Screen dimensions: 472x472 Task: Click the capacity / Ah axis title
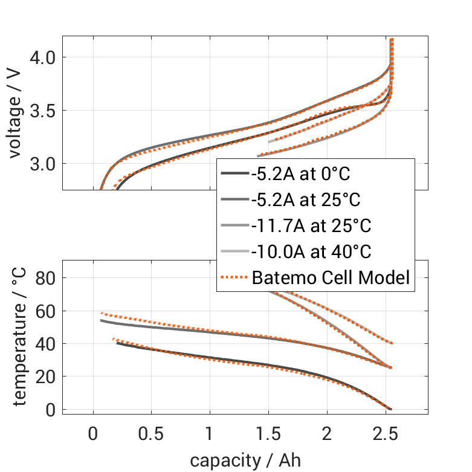(x=245, y=459)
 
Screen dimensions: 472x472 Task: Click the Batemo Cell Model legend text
(x=331, y=278)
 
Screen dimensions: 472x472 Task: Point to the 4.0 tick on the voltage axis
(x=43, y=57)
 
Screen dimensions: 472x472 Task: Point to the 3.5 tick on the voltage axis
(x=43, y=111)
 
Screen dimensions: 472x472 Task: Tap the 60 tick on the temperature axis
(x=45, y=311)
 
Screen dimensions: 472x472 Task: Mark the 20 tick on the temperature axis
(x=45, y=377)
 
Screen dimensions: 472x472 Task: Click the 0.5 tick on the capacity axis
(x=151, y=435)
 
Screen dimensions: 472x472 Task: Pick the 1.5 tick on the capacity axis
(x=268, y=435)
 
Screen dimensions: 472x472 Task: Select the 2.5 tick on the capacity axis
(x=386, y=435)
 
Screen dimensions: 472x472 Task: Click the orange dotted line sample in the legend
(x=234, y=278)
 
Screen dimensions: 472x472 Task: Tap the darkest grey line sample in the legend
(x=234, y=174)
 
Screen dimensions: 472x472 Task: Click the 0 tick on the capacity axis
(x=93, y=435)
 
